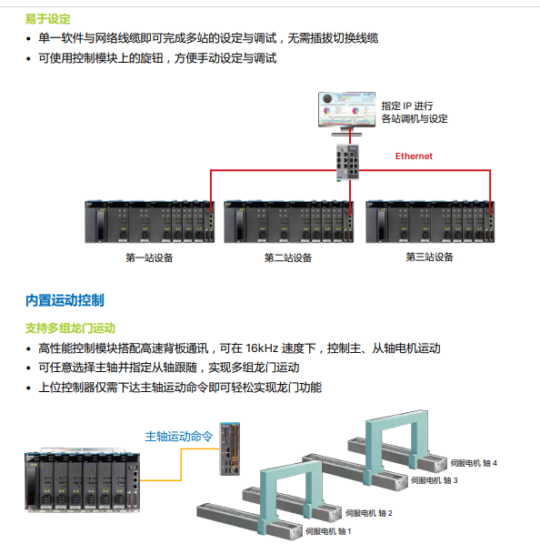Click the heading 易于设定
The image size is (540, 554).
point(47,18)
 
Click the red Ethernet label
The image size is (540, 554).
point(414,156)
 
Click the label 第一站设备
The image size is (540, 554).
point(149,258)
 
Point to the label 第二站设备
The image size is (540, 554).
point(288,258)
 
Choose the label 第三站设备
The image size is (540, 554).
point(429,257)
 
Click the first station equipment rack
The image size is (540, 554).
point(150,221)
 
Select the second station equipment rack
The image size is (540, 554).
point(290,221)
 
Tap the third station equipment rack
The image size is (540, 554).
point(431,221)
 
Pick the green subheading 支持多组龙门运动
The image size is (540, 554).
point(70,327)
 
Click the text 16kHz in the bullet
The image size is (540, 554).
point(264,348)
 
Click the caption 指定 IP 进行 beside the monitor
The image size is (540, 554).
point(407,105)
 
